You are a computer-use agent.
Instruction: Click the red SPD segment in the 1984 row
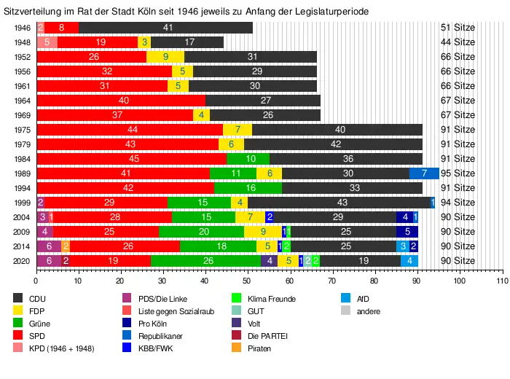131,158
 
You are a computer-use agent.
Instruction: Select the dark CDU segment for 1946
167,28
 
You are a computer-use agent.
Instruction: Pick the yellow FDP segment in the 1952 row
165,57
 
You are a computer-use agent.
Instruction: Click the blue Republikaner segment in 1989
424,173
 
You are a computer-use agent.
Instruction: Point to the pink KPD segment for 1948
47,42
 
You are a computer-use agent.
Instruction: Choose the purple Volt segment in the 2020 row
269,260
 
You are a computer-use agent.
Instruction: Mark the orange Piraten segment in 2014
66,246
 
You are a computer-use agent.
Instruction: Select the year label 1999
23,202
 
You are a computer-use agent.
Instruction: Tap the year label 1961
23,86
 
